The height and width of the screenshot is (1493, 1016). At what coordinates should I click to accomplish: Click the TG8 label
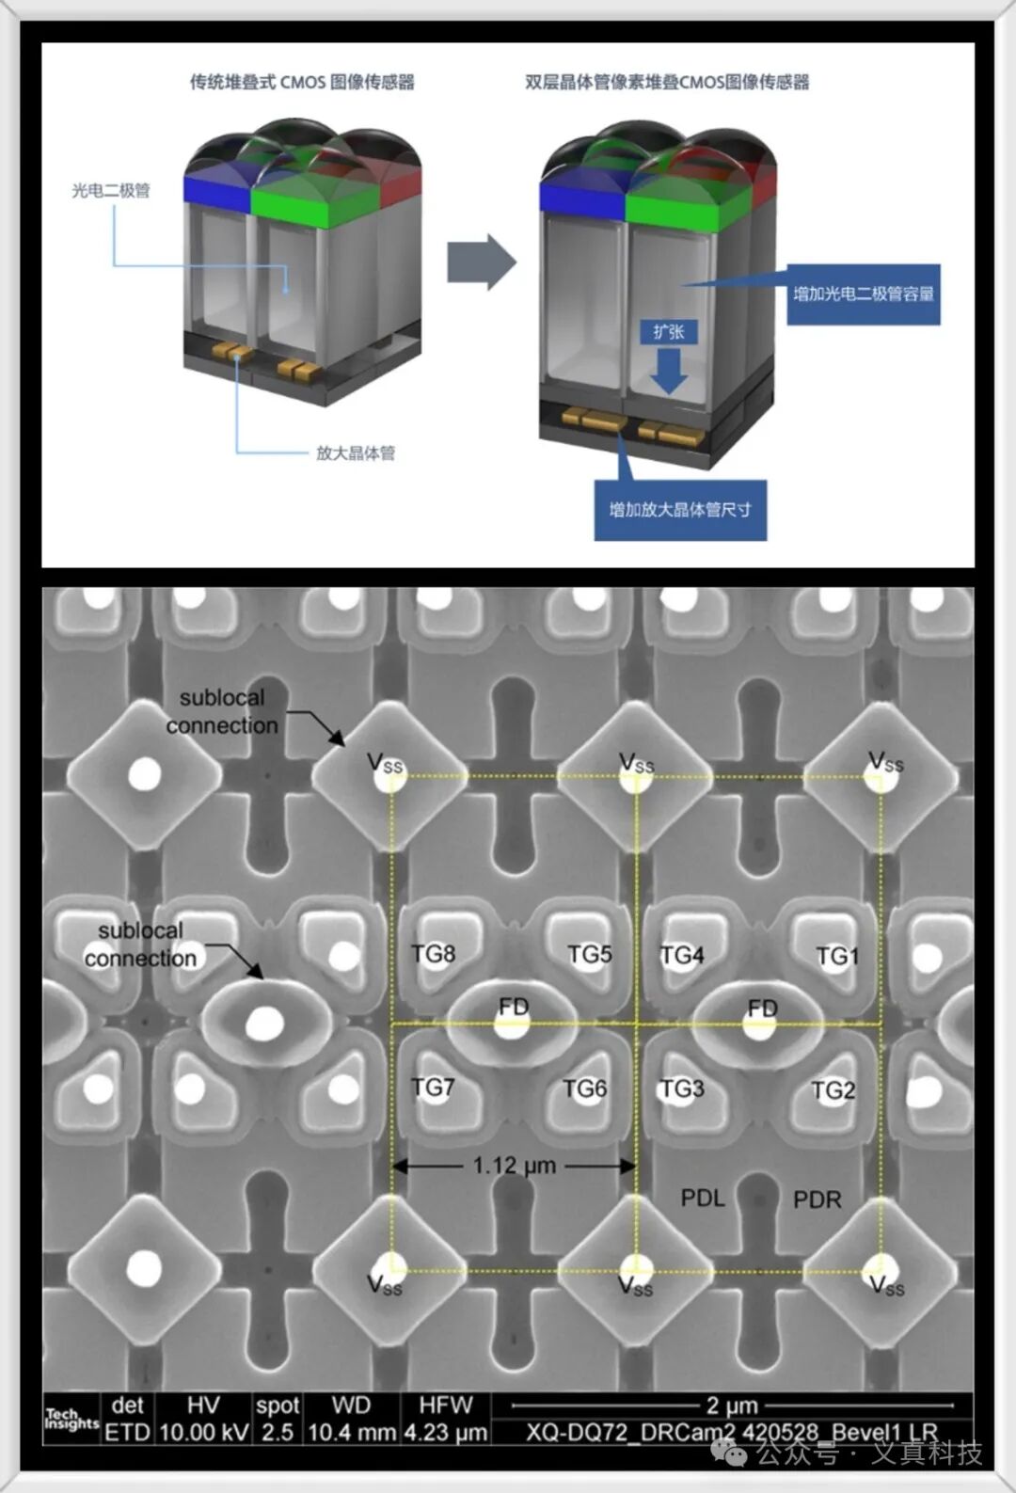[x=433, y=954]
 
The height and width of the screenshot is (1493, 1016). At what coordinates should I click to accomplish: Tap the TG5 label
[x=589, y=955]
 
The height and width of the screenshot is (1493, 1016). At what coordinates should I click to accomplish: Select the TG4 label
[x=681, y=956]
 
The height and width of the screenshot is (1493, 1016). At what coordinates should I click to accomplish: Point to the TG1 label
[x=837, y=957]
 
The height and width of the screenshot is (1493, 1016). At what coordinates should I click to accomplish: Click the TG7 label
[x=433, y=1088]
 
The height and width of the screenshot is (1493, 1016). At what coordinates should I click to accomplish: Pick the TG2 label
[x=833, y=1090]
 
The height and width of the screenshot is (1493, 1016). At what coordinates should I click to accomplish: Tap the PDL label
[x=703, y=1198]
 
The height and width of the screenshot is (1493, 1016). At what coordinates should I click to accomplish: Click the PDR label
[x=817, y=1199]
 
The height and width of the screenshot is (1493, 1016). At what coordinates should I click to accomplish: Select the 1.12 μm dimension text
[x=514, y=1166]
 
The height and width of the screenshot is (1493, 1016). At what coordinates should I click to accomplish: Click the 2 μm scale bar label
[x=732, y=1406]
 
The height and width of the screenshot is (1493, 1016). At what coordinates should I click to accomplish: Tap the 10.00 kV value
[x=203, y=1433]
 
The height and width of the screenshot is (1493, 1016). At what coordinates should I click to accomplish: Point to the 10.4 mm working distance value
[x=351, y=1433]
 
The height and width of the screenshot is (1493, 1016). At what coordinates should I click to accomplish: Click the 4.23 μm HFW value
[x=446, y=1433]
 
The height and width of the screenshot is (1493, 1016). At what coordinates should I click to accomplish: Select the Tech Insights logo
[x=71, y=1420]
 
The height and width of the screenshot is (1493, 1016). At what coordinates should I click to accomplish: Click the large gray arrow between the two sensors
[x=481, y=262]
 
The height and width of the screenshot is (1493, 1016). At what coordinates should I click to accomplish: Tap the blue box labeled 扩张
[x=669, y=332]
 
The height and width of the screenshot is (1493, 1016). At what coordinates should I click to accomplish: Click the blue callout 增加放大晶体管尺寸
[x=680, y=510]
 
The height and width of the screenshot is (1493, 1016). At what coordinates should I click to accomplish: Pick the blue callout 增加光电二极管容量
[x=863, y=294]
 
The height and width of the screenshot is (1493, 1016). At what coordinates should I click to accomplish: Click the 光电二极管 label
[x=111, y=191]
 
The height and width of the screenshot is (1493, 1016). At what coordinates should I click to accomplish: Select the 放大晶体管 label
[x=356, y=453]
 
